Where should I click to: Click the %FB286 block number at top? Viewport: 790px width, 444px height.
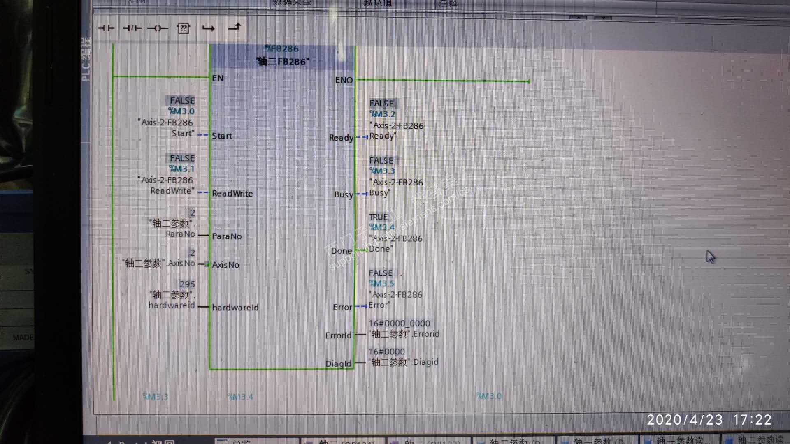(x=282, y=49)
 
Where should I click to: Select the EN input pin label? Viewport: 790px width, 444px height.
(x=218, y=78)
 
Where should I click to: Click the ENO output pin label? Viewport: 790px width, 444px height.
(x=344, y=80)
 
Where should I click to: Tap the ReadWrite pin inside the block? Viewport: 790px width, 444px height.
(x=232, y=193)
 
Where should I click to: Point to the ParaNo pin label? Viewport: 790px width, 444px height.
(x=227, y=236)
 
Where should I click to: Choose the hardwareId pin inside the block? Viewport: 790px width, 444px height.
(x=235, y=307)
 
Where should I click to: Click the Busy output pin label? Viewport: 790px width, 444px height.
(x=344, y=194)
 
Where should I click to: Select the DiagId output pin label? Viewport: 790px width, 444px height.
(x=338, y=363)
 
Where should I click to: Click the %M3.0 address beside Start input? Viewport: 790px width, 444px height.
(x=181, y=111)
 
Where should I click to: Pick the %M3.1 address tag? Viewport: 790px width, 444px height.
(x=181, y=169)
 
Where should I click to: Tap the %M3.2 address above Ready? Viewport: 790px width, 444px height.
(x=382, y=114)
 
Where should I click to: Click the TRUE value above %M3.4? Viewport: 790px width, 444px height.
(x=378, y=217)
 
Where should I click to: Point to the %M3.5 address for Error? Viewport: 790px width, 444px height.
(x=381, y=283)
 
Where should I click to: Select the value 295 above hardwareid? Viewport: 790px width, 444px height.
(x=187, y=284)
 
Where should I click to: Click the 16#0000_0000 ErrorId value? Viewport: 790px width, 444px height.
(x=399, y=324)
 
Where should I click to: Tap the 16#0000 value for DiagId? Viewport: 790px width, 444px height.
(x=386, y=351)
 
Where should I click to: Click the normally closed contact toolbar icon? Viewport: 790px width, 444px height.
(x=132, y=28)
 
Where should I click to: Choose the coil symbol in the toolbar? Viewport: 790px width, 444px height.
(x=158, y=28)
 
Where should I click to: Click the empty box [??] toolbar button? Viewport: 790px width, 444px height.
(x=183, y=28)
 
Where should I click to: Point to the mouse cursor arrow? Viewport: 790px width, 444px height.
(x=710, y=257)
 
